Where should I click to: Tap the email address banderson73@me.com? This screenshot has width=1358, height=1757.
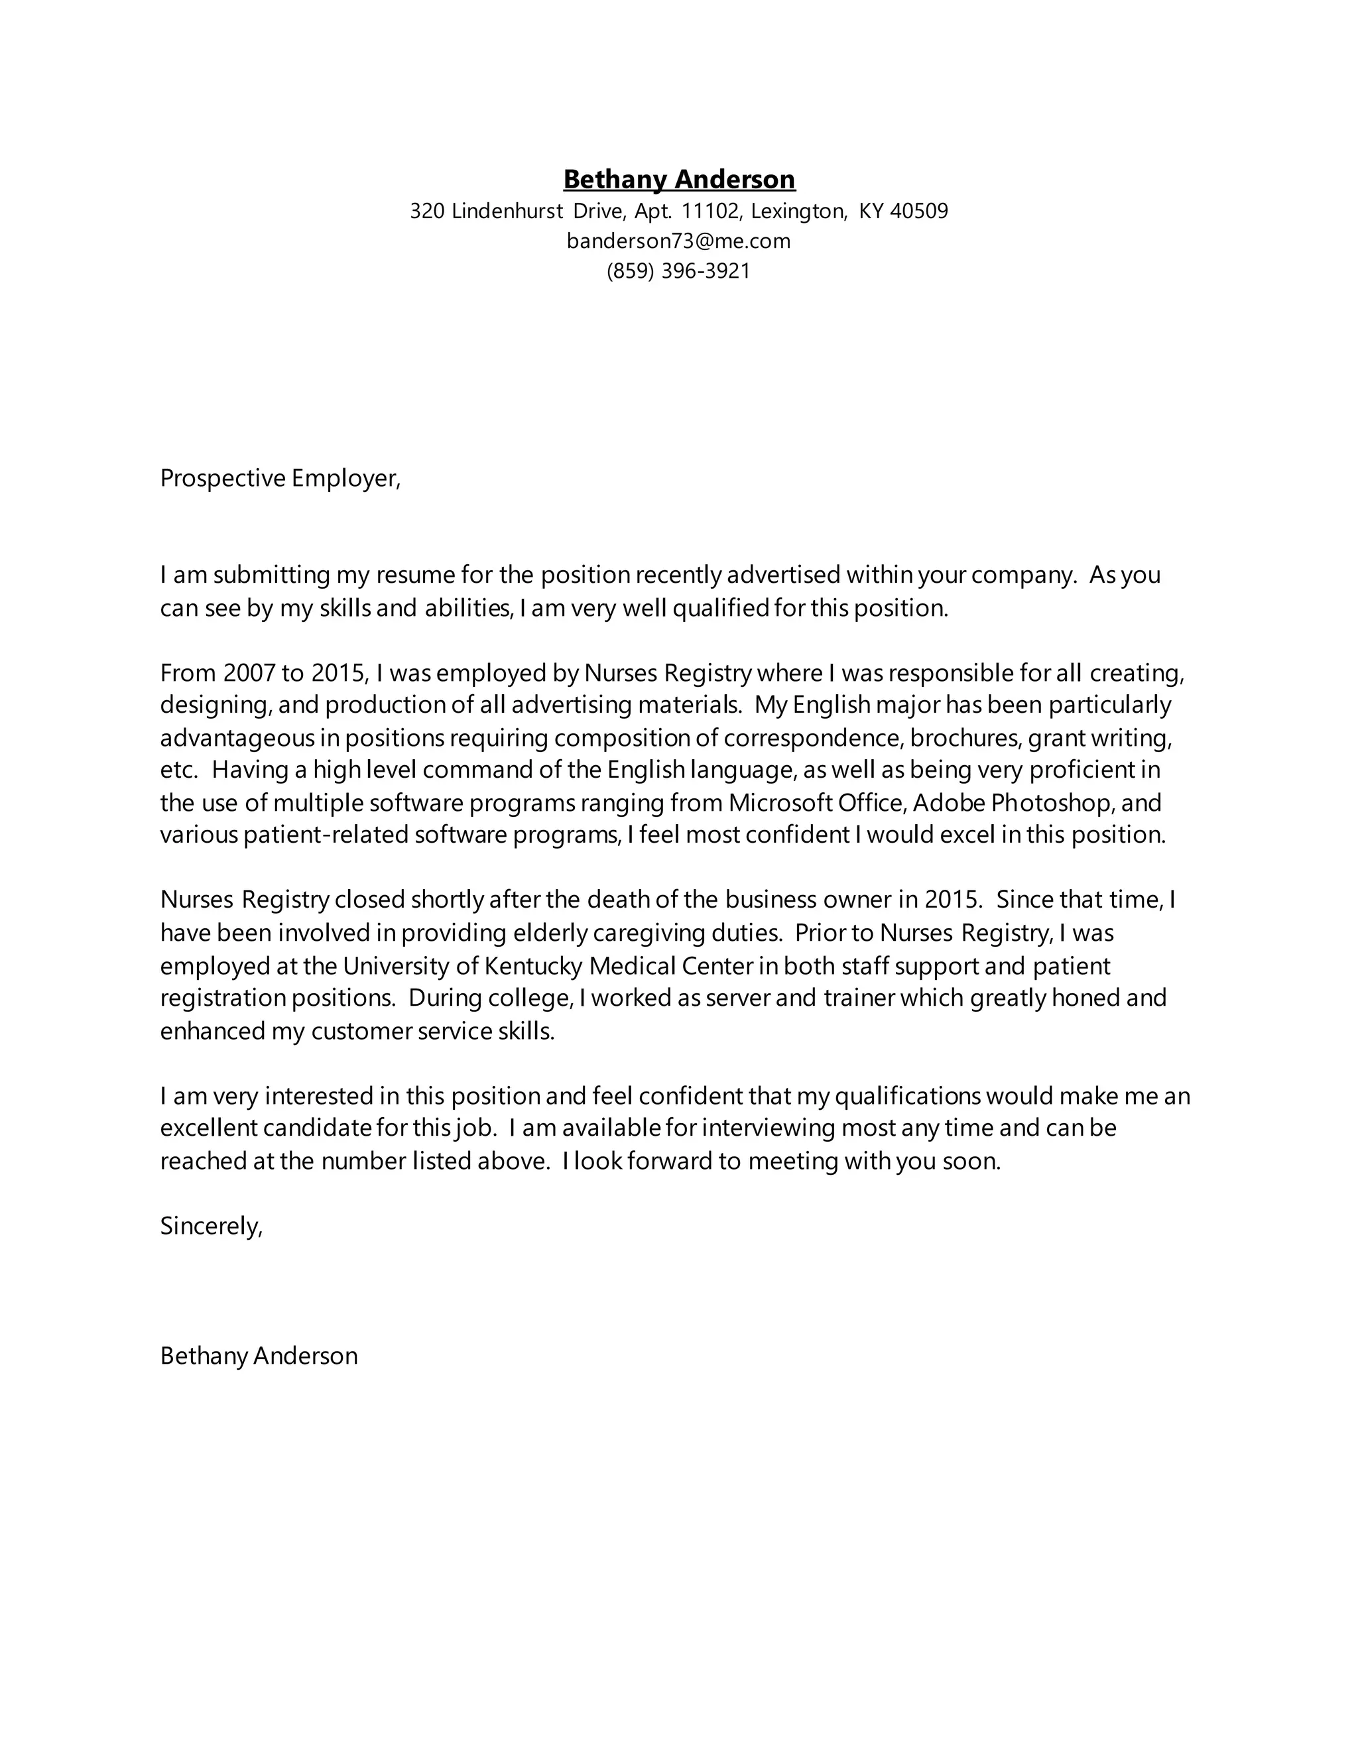click(x=678, y=241)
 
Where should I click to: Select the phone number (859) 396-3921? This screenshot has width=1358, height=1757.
click(x=678, y=271)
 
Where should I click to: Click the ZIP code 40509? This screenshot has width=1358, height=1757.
click(x=920, y=212)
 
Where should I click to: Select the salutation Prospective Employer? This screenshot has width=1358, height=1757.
click(x=279, y=479)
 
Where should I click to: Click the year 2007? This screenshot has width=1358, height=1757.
click(x=249, y=672)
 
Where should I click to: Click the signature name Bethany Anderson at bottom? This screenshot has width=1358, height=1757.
click(x=258, y=1357)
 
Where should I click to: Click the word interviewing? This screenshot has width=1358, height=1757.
click(x=769, y=1128)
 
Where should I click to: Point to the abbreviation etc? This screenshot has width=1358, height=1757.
click(x=178, y=770)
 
